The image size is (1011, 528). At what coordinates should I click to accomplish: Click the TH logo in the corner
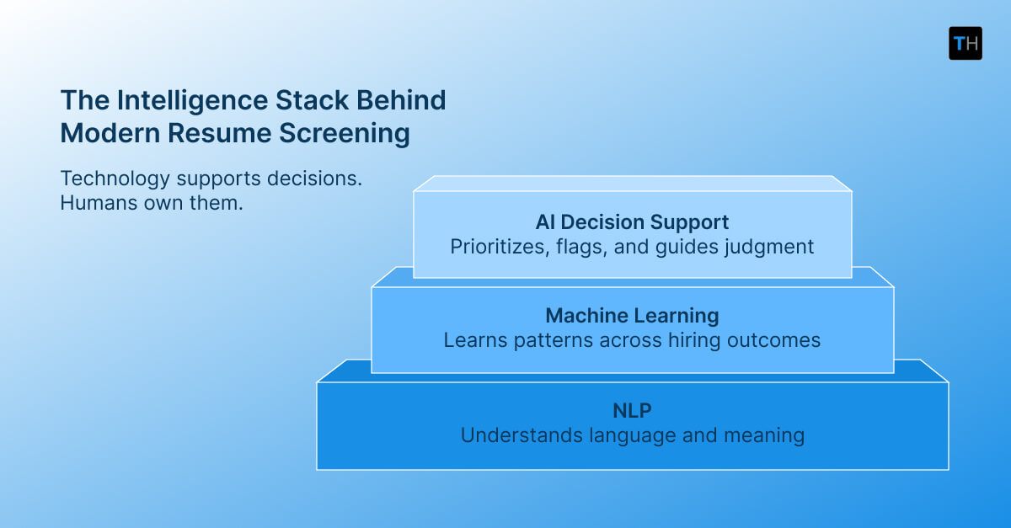tap(965, 43)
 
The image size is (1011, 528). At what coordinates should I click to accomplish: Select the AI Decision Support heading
tap(632, 222)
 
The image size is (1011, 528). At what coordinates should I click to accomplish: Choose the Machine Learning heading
tap(632, 316)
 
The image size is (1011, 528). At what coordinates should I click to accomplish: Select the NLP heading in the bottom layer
tap(632, 411)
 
